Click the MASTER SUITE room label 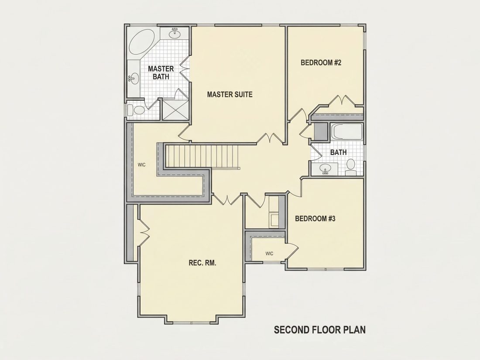pos(230,94)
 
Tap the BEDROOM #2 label pos(321,63)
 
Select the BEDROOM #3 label pos(315,219)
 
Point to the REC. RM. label pos(202,263)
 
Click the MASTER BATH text pos(161,72)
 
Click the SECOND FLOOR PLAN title pos(319,330)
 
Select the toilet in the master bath pos(136,110)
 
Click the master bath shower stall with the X pos(175,109)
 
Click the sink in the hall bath pos(325,169)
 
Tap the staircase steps pos(202,156)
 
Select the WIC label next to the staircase pos(141,165)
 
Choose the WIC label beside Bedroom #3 pos(269,254)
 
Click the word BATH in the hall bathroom pos(339,152)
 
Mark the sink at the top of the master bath pos(175,33)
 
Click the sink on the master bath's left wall pos(134,79)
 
